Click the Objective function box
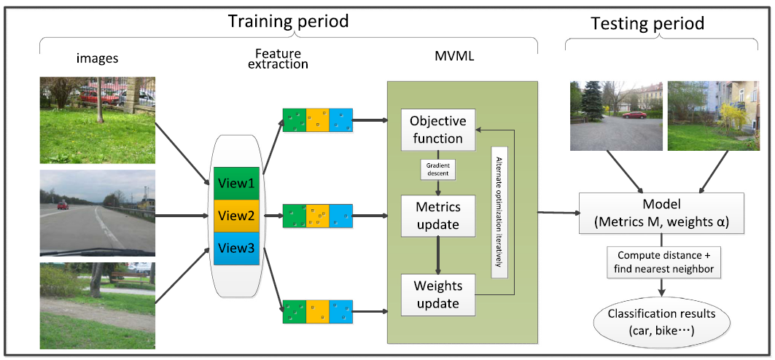438,129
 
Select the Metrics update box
438,215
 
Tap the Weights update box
438,294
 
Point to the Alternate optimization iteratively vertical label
499,212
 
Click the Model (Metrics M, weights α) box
662,214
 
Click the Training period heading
288,21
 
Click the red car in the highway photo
63,205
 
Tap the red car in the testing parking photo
634,115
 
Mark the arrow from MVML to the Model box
558,213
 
